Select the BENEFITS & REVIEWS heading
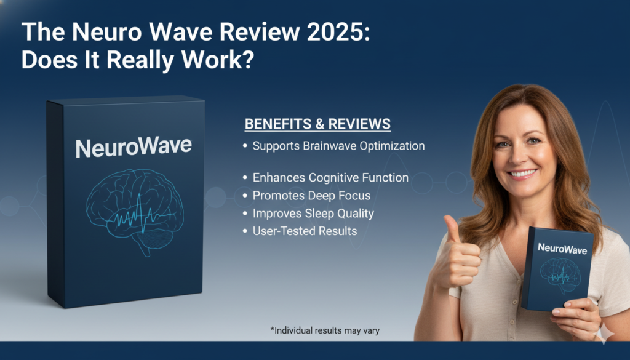pyautogui.click(x=317, y=124)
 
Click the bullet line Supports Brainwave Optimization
pyautogui.click(x=338, y=146)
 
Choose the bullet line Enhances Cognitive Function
pyautogui.click(x=330, y=178)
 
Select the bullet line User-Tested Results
pyautogui.click(x=305, y=231)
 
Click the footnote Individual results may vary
pyautogui.click(x=325, y=330)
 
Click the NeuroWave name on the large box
pyautogui.click(x=134, y=147)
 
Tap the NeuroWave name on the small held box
pyautogui.click(x=562, y=249)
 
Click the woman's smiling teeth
pyautogui.click(x=523, y=174)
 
